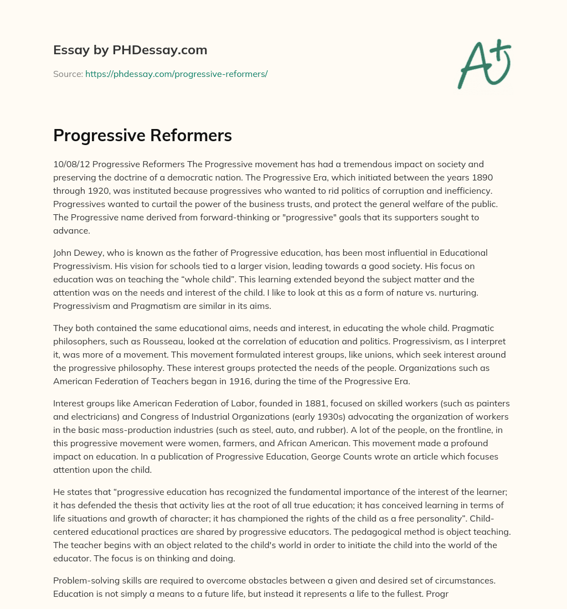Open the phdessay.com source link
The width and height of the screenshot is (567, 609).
[x=176, y=74]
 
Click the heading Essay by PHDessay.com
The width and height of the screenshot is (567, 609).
[x=130, y=50]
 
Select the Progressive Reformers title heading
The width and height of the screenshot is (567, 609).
[x=142, y=136]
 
